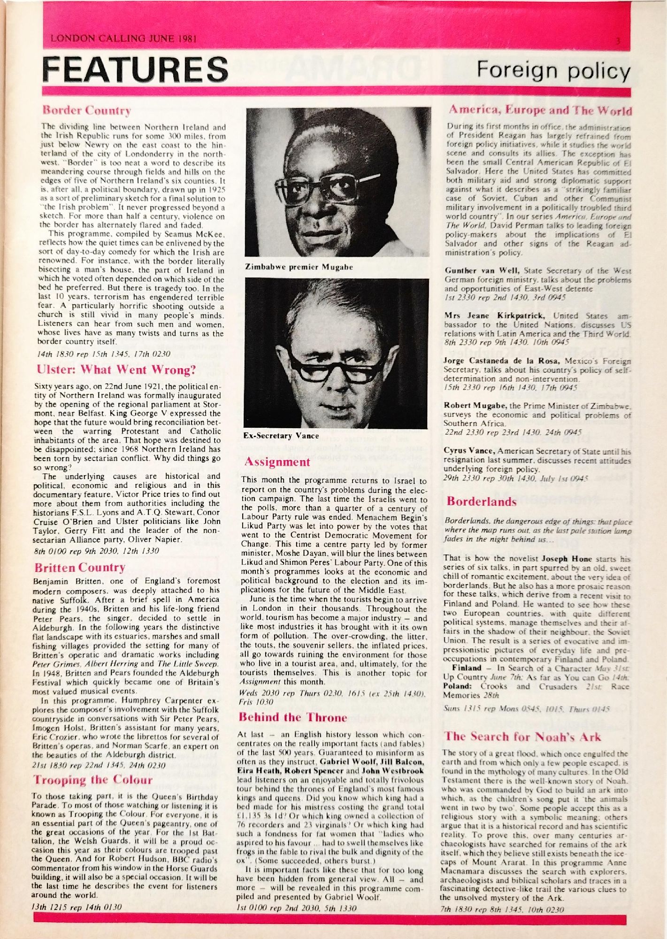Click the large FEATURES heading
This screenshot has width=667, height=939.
(x=135, y=69)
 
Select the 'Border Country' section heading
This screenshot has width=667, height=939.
(x=87, y=110)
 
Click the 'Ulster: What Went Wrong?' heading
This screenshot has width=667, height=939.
(x=116, y=369)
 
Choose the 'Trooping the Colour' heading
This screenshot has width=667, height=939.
(x=92, y=780)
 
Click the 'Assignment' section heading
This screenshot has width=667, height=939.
(x=277, y=462)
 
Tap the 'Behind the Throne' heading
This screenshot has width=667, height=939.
(x=292, y=717)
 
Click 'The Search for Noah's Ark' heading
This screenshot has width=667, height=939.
(x=522, y=736)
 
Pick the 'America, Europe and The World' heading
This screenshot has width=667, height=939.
(x=540, y=110)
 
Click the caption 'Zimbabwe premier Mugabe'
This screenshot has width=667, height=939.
(x=299, y=267)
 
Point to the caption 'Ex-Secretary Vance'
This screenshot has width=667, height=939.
(x=281, y=436)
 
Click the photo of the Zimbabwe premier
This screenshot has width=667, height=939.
(x=337, y=182)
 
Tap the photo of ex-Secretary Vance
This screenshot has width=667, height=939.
(x=336, y=353)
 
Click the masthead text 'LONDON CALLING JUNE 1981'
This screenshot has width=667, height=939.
(x=123, y=38)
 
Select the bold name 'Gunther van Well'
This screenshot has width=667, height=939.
(x=482, y=270)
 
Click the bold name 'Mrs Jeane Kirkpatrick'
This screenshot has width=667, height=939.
(x=494, y=316)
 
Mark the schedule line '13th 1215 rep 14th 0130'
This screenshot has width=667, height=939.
(x=76, y=907)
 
